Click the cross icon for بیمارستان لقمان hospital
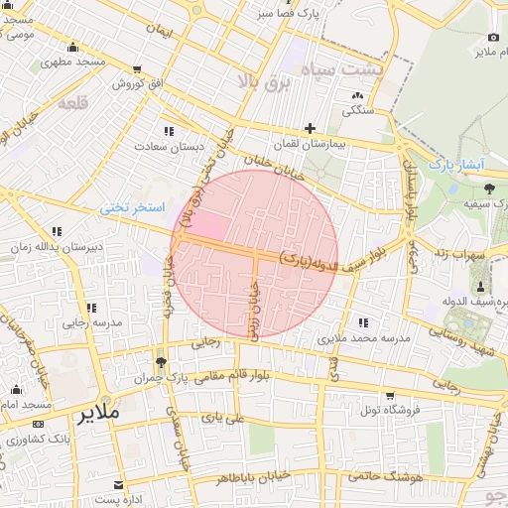pyautogui.click(x=311, y=128)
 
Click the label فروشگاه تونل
pyautogui.click(x=390, y=409)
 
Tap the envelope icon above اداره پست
pyautogui.click(x=119, y=484)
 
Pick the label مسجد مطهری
pyautogui.click(x=73, y=63)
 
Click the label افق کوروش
pyautogui.click(x=136, y=84)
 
